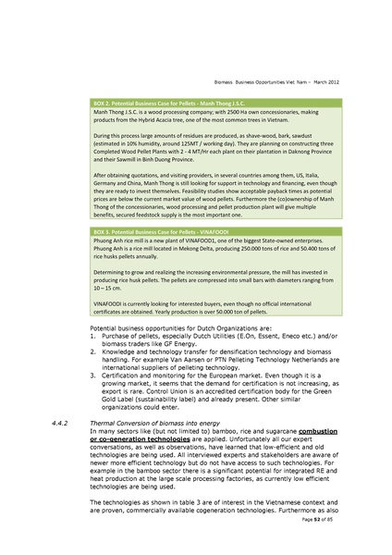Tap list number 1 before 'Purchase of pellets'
(x=94, y=339)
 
